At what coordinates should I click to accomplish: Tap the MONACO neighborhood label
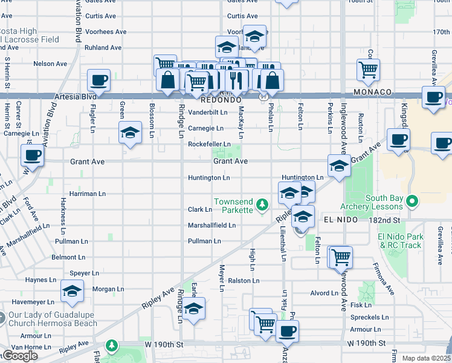[x=375, y=92]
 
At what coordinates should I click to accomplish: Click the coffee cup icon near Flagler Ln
[x=99, y=80]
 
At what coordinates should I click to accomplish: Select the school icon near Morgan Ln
[x=72, y=293]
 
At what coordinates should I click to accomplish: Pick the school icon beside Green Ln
[x=130, y=133]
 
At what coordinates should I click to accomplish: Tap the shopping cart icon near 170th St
[x=368, y=70]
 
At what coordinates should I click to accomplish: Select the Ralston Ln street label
[x=244, y=281]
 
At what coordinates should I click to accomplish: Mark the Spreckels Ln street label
[x=369, y=317]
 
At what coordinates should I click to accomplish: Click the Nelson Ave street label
[x=50, y=64]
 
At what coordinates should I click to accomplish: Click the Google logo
[x=19, y=356]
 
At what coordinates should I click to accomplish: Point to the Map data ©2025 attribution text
[x=426, y=358]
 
